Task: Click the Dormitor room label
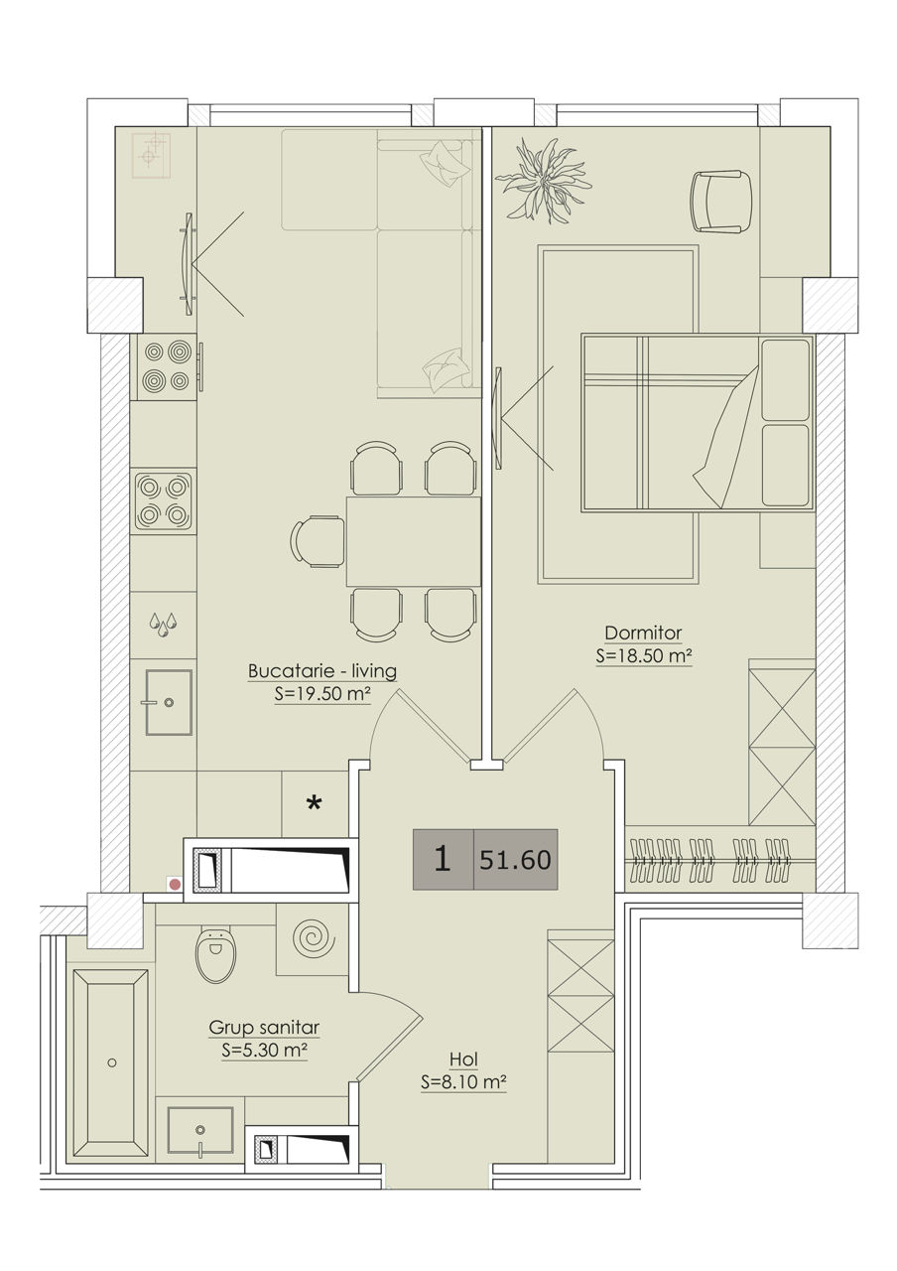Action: (643, 633)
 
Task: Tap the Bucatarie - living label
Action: (322, 671)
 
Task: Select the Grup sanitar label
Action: (264, 1027)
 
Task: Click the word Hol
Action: (463, 1059)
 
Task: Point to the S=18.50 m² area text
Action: (644, 656)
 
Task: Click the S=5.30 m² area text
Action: (264, 1051)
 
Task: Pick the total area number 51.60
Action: (515, 860)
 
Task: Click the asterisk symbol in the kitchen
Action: (315, 802)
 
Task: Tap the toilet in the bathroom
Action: (215, 955)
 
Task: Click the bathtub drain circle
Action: (112, 1062)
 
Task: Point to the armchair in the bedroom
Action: (721, 202)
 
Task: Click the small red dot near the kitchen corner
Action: (176, 884)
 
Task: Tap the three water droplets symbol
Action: (164, 625)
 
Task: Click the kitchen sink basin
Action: (169, 702)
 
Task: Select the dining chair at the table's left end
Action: (318, 541)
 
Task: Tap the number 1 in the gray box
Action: (443, 859)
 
